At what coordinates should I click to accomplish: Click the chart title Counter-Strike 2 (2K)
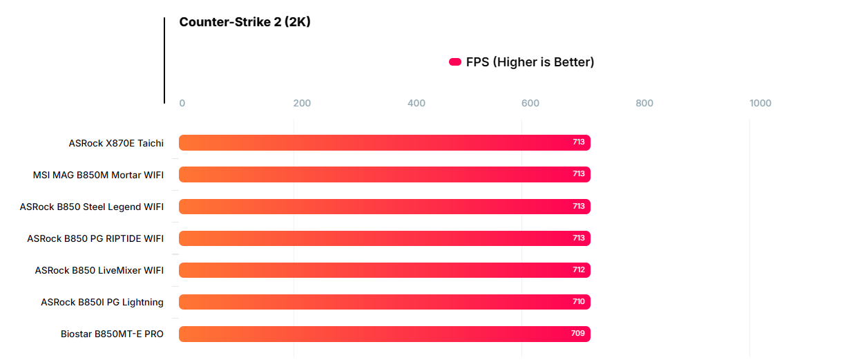(245, 22)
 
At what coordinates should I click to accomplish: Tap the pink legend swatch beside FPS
(455, 62)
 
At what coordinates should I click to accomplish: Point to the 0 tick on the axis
(182, 104)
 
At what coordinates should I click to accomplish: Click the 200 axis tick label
(302, 104)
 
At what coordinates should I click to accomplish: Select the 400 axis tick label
(417, 104)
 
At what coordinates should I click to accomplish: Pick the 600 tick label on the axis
(530, 104)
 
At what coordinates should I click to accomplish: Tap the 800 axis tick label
(644, 104)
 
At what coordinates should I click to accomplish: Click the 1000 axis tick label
(760, 104)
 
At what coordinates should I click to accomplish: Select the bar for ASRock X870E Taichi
(384, 142)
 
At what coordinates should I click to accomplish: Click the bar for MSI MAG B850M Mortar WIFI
(384, 174)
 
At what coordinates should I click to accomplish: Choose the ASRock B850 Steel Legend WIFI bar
(384, 207)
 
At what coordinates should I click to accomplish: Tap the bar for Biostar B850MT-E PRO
(384, 334)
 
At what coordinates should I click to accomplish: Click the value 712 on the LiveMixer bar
(579, 270)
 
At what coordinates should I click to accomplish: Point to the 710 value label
(579, 302)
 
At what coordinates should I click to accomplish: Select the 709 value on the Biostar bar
(579, 334)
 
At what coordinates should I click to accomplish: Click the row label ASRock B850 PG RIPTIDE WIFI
(95, 238)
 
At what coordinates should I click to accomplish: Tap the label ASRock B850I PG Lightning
(102, 302)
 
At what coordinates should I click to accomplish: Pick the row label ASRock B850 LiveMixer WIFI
(99, 270)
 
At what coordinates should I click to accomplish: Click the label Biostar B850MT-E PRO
(112, 334)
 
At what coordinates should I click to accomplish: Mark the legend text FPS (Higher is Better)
(530, 62)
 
